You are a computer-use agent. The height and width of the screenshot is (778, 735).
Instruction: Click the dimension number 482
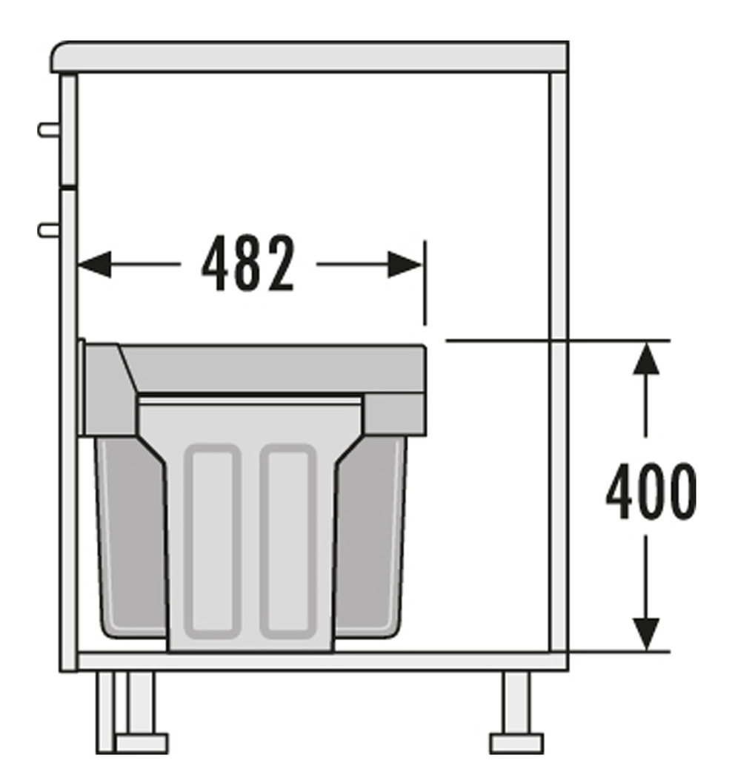pyautogui.click(x=248, y=263)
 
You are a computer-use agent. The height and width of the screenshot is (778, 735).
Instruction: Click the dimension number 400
pyautogui.click(x=651, y=492)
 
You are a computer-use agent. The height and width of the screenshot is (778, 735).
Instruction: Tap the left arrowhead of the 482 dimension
pyautogui.click(x=95, y=265)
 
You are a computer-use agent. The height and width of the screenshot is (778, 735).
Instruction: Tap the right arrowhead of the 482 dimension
pyautogui.click(x=405, y=265)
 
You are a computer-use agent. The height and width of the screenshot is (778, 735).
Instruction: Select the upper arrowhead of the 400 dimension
pyautogui.click(x=646, y=357)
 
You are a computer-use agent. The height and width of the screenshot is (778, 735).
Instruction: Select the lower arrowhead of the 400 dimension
pyautogui.click(x=646, y=634)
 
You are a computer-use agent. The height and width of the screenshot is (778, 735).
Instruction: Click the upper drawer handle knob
pyautogui.click(x=49, y=130)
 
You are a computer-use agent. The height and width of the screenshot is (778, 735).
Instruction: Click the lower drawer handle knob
pyautogui.click(x=49, y=231)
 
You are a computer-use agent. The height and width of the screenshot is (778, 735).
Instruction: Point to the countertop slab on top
pyautogui.click(x=309, y=57)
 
